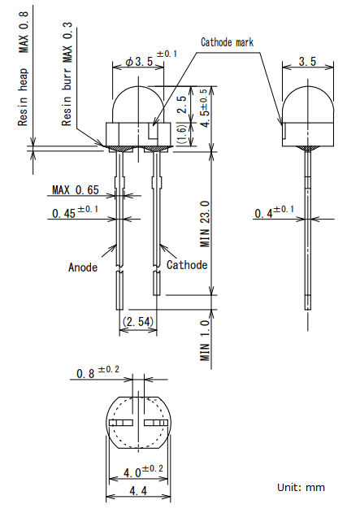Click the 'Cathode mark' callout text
click(227, 42)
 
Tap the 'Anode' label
click(83, 267)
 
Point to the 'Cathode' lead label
click(187, 265)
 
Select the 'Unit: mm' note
click(301, 488)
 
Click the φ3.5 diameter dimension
click(151, 59)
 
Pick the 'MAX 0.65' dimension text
click(76, 189)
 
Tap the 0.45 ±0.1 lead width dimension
click(75, 212)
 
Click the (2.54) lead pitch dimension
click(138, 321)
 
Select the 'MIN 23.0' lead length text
click(205, 224)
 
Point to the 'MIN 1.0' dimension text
click(205, 341)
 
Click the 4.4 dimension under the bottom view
click(138, 491)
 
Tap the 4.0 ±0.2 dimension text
click(143, 471)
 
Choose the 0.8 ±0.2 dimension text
click(98, 372)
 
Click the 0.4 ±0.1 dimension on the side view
click(274, 211)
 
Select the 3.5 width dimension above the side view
click(307, 61)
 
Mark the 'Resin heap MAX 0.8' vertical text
click(24, 68)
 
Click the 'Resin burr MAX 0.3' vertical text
click(67, 74)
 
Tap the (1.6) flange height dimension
click(182, 134)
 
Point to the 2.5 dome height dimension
click(182, 104)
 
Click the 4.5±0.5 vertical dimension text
click(205, 108)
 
